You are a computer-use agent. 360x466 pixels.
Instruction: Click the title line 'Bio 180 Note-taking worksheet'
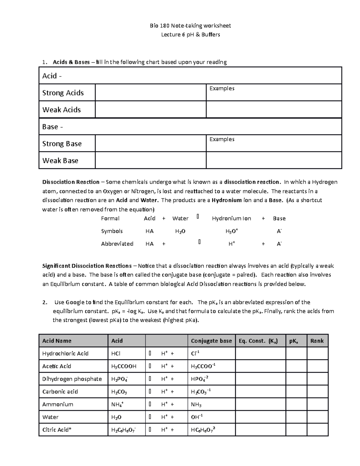point(190,26)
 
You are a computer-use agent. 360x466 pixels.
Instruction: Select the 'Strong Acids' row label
point(63,93)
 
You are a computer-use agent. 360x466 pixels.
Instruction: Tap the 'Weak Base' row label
point(60,161)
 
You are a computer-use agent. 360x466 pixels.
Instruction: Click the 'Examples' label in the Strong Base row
point(222,139)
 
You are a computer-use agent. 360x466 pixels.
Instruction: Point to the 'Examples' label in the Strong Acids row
point(222,88)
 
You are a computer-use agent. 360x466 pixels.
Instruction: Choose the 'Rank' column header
point(317,341)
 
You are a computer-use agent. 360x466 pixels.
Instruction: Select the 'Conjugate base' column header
point(211,341)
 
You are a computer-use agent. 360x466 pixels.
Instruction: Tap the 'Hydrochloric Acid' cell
point(65,353)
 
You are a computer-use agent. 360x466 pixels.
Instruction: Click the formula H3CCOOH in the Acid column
point(124,366)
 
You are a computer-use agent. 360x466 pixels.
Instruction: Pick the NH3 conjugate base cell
point(196,404)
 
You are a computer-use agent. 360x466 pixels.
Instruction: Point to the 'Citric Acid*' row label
point(57,430)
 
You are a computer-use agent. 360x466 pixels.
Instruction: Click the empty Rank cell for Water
point(317,417)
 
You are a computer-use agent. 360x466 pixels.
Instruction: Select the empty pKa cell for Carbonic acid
point(296,392)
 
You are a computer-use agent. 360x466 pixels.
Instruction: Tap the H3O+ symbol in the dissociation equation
point(232,231)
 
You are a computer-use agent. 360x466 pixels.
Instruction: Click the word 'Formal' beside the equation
point(110,218)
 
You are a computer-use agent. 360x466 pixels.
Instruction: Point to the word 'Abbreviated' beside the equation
point(117,244)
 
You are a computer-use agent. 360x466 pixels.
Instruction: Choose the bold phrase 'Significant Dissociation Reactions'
point(87,266)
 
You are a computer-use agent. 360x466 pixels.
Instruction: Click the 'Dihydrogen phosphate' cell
point(72,379)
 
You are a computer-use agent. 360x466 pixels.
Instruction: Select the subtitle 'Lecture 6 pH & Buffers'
point(190,35)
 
